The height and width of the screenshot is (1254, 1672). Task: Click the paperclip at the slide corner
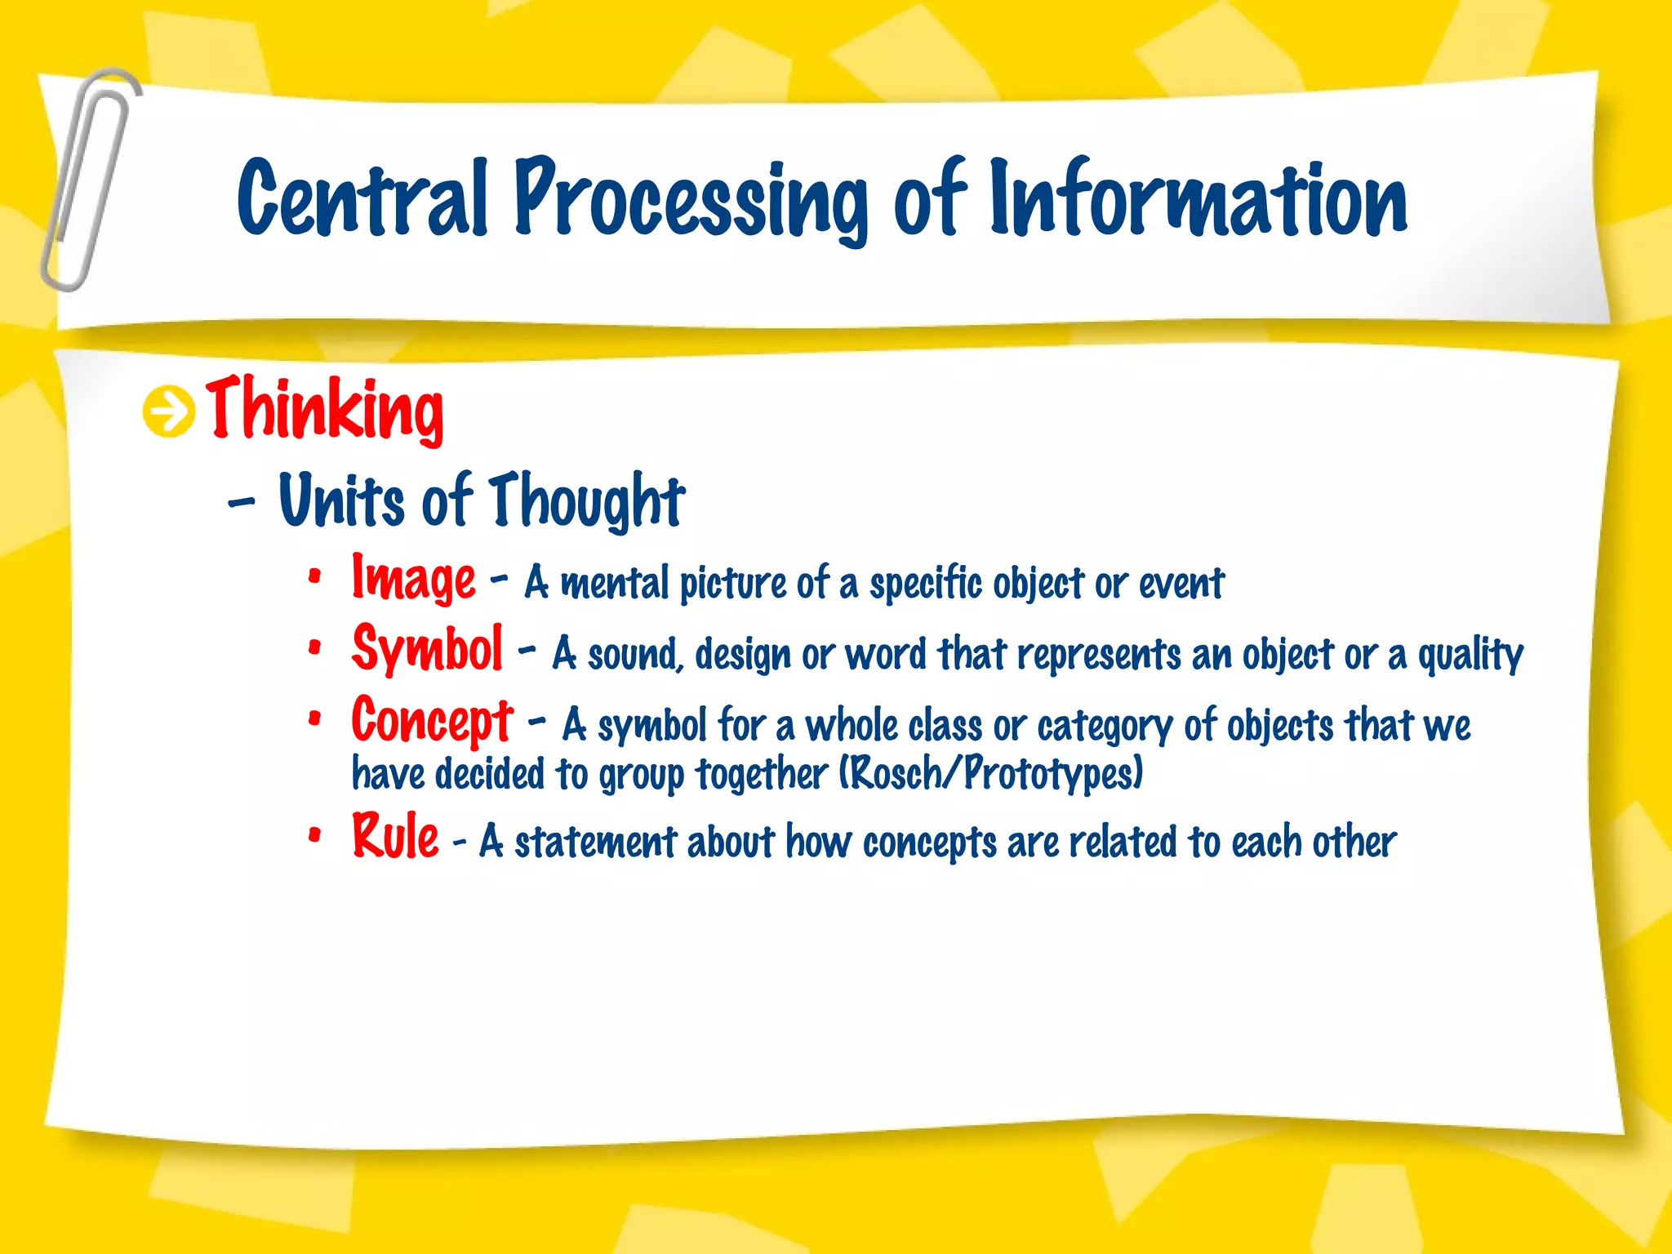pyautogui.click(x=88, y=180)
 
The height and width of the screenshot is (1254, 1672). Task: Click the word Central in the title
pyautogui.click(x=362, y=198)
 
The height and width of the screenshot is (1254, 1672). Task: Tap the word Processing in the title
pyautogui.click(x=690, y=200)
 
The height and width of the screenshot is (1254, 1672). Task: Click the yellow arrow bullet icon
pyautogui.click(x=169, y=411)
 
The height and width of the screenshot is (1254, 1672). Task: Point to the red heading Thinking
pyautogui.click(x=325, y=410)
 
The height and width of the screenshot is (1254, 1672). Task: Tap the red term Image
pyautogui.click(x=413, y=578)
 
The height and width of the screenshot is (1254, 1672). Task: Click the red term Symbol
pyautogui.click(x=427, y=649)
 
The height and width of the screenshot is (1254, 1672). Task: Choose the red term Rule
pyautogui.click(x=395, y=837)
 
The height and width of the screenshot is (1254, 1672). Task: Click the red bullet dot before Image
pyautogui.click(x=314, y=577)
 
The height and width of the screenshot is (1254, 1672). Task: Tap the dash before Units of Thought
pyautogui.click(x=242, y=502)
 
